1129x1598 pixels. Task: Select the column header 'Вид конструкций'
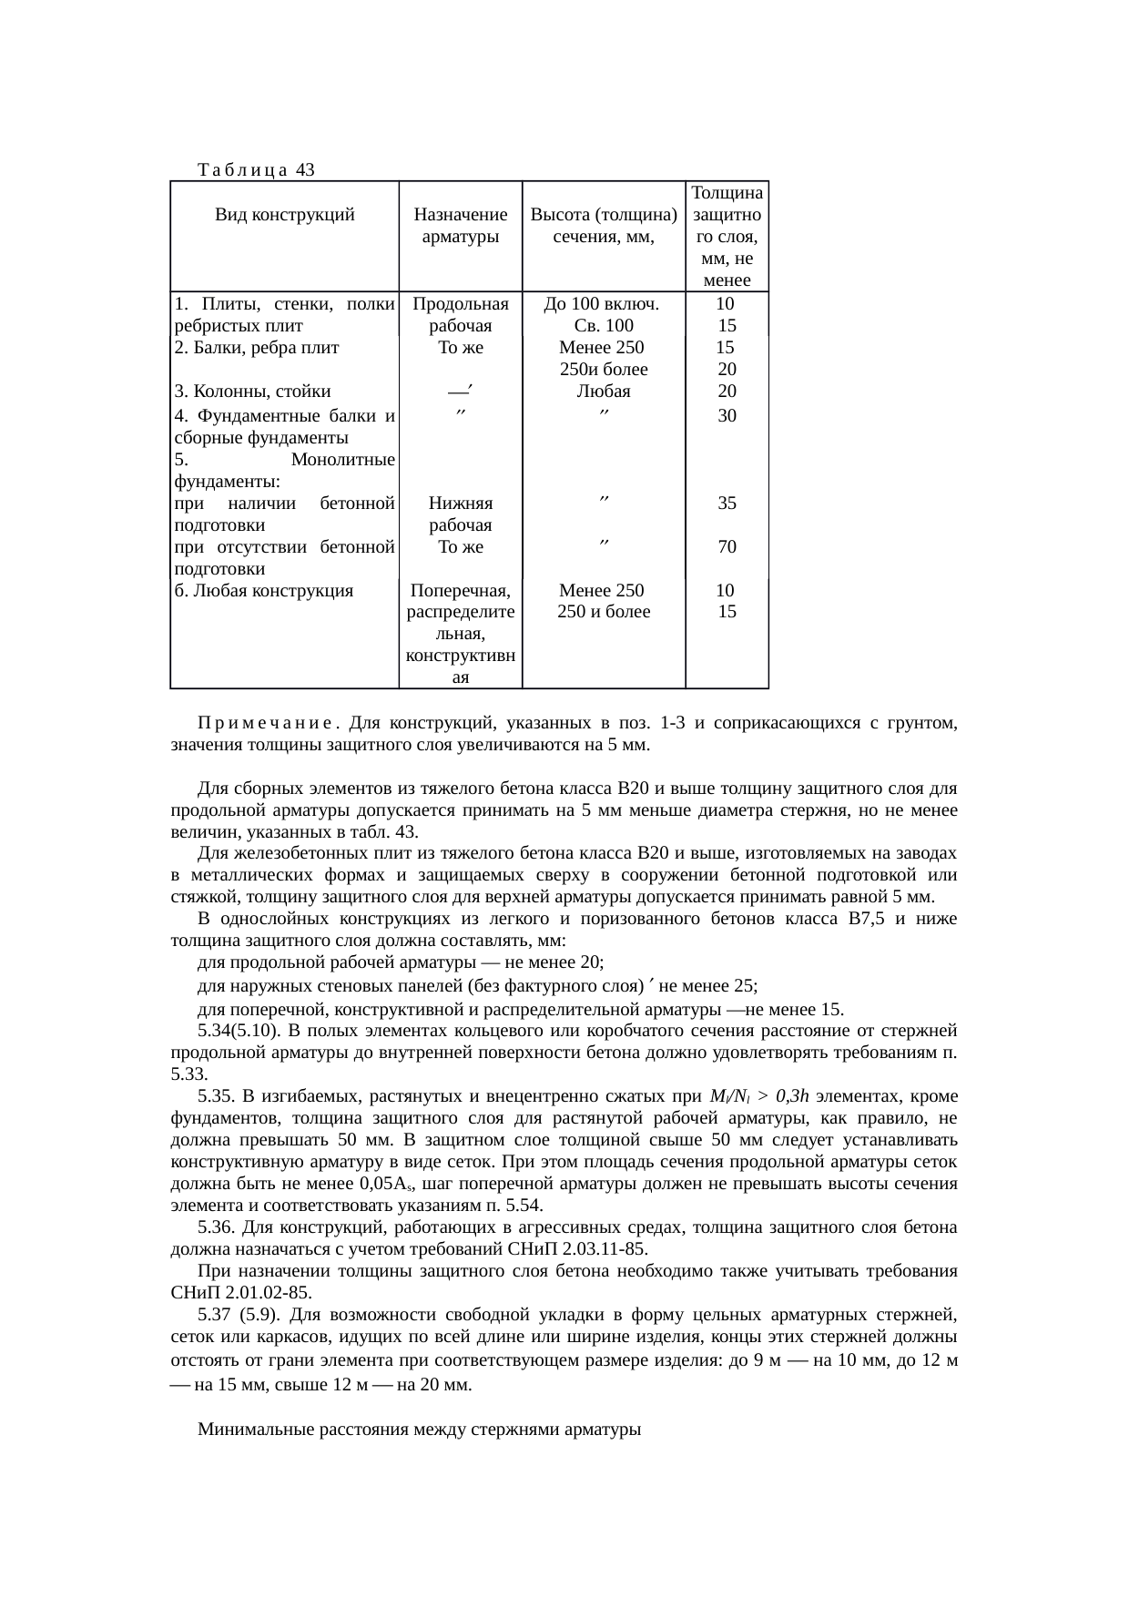tap(284, 216)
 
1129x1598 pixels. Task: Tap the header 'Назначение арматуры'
tap(460, 226)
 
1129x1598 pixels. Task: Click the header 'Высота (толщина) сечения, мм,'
tap(603, 226)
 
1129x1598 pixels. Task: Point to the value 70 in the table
tap(727, 547)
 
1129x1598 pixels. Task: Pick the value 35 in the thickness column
tap(727, 503)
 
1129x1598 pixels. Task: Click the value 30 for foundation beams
tap(727, 416)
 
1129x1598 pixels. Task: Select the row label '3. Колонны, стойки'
tap(252, 392)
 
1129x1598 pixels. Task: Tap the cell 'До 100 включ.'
tap(603, 304)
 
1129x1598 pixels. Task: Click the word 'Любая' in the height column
tap(604, 392)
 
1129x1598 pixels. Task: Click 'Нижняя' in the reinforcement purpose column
tap(461, 504)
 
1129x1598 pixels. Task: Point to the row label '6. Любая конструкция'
tap(263, 591)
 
